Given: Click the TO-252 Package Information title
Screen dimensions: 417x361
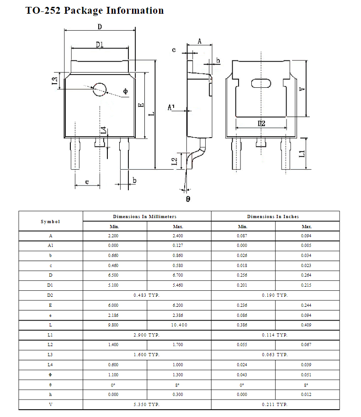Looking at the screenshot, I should click(x=95, y=11).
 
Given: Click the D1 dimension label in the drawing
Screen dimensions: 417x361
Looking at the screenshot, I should click(x=100, y=44).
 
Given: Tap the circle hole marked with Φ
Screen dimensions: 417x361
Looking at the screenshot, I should click(x=100, y=89).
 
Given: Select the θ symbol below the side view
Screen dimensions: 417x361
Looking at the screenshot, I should click(x=188, y=199).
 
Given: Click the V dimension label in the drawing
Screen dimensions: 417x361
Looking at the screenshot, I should click(x=302, y=88).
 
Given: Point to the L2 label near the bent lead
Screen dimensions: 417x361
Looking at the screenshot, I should click(x=174, y=161).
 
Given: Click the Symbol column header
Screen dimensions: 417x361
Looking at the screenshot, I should click(x=50, y=221).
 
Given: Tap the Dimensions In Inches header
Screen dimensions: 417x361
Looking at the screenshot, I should click(x=275, y=216).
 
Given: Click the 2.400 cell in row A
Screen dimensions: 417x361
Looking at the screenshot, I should click(x=179, y=236).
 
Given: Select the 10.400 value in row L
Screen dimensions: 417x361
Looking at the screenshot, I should click(x=179, y=325).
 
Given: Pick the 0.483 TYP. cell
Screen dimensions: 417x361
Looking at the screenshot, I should click(x=147, y=295).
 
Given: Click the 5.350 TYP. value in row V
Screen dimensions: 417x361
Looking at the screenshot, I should click(x=147, y=405).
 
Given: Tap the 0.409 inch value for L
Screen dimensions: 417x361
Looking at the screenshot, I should click(x=307, y=325).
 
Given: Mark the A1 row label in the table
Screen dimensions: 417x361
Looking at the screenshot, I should click(x=50, y=246).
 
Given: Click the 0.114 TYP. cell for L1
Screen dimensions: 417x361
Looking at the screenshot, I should click(x=275, y=335).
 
